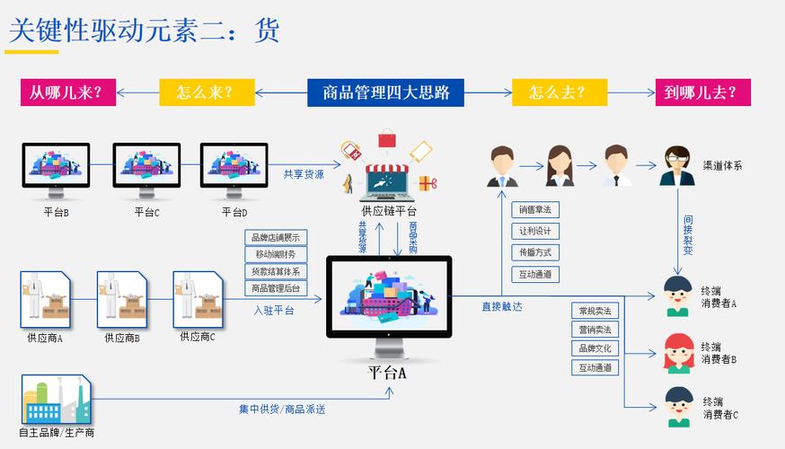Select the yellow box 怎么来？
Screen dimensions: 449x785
205,92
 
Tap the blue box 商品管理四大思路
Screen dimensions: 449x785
385,92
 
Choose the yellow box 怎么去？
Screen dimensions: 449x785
557,92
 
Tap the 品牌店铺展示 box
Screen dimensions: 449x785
277,237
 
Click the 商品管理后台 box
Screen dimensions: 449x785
277,288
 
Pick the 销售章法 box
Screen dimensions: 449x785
536,209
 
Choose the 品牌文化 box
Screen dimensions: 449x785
595,348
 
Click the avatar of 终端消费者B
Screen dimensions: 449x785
677,352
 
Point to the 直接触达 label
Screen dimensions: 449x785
501,306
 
